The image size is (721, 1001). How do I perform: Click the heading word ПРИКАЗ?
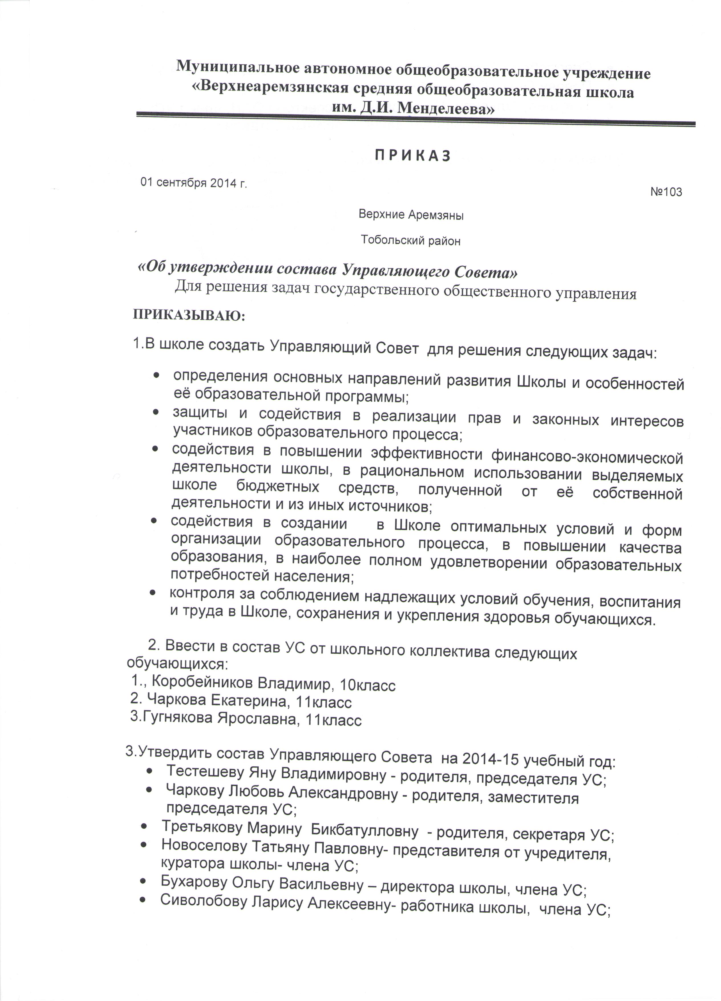coord(413,156)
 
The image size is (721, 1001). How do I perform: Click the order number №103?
coord(666,192)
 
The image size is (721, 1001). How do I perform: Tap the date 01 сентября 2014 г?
coord(194,183)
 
